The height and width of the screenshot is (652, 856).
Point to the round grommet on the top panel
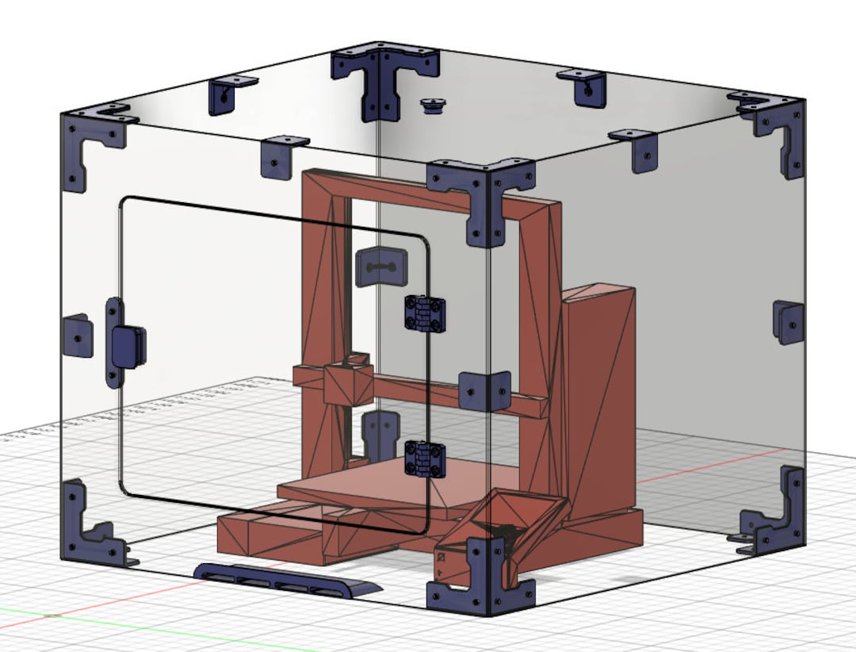click(432, 104)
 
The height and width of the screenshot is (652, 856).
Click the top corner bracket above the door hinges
click(480, 194)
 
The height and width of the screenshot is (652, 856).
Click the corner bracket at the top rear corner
click(383, 75)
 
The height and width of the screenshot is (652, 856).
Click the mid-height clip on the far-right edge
click(789, 321)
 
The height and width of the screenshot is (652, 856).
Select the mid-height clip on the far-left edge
click(77, 335)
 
